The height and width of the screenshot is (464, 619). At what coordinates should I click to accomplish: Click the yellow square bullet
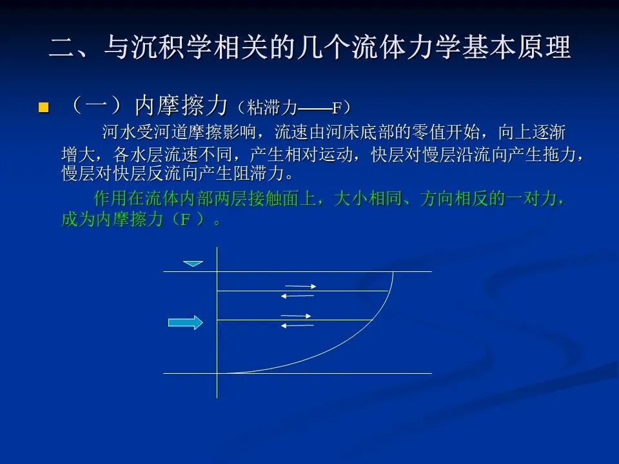43,108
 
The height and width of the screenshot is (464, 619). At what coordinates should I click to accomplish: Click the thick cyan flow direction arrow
186,322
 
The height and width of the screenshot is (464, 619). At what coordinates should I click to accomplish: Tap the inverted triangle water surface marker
193,264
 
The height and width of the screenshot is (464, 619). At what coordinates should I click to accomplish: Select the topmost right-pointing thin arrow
300,286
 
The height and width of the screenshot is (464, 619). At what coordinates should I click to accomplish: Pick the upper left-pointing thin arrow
297,296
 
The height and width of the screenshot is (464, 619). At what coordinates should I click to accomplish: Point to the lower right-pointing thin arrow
296,316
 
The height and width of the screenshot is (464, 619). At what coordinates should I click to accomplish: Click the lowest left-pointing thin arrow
297,325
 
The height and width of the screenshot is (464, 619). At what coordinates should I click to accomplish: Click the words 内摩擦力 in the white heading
182,106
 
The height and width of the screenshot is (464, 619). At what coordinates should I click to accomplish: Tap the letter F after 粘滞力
337,108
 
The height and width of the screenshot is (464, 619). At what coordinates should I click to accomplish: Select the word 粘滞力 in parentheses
272,108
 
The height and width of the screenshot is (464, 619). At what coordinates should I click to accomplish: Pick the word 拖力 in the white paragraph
560,154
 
